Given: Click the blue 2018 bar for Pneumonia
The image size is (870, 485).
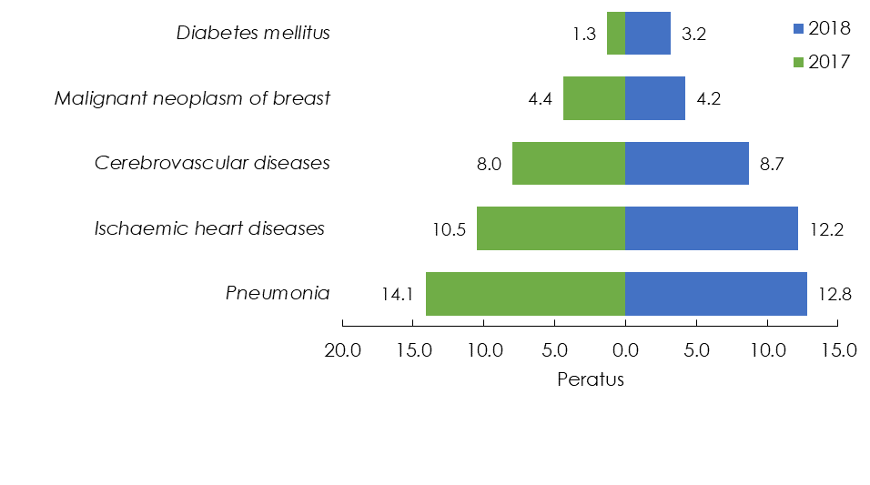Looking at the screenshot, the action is [716, 294].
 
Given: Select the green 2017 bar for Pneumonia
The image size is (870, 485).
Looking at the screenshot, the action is [525, 294].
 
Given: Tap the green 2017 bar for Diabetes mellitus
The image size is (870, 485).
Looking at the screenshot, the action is [616, 34].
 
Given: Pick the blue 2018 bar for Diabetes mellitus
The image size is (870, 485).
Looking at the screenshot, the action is [648, 34].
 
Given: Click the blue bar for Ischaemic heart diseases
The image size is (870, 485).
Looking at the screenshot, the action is [712, 228].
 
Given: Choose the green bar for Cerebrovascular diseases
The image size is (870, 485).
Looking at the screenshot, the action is [569, 163].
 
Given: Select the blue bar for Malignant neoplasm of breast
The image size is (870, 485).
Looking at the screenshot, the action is [654, 98].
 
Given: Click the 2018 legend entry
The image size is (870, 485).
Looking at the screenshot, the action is [823, 28].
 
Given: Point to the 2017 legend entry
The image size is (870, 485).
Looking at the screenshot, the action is [823, 62].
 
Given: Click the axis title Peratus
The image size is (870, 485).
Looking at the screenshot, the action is [591, 379].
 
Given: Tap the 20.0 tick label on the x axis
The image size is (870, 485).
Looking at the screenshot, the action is [343, 350].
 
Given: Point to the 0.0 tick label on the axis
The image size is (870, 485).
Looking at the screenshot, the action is [625, 350].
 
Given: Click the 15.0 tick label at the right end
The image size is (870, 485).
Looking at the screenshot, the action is [839, 350].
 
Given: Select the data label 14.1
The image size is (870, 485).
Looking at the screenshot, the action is [398, 294].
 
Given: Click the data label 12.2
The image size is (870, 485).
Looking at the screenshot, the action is [826, 229].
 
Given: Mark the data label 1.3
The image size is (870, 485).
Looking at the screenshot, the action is [584, 35].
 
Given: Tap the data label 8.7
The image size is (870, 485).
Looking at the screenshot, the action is [772, 165].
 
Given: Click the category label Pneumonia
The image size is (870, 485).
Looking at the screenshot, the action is [278, 293].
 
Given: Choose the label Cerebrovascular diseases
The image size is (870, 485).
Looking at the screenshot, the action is [212, 163].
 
